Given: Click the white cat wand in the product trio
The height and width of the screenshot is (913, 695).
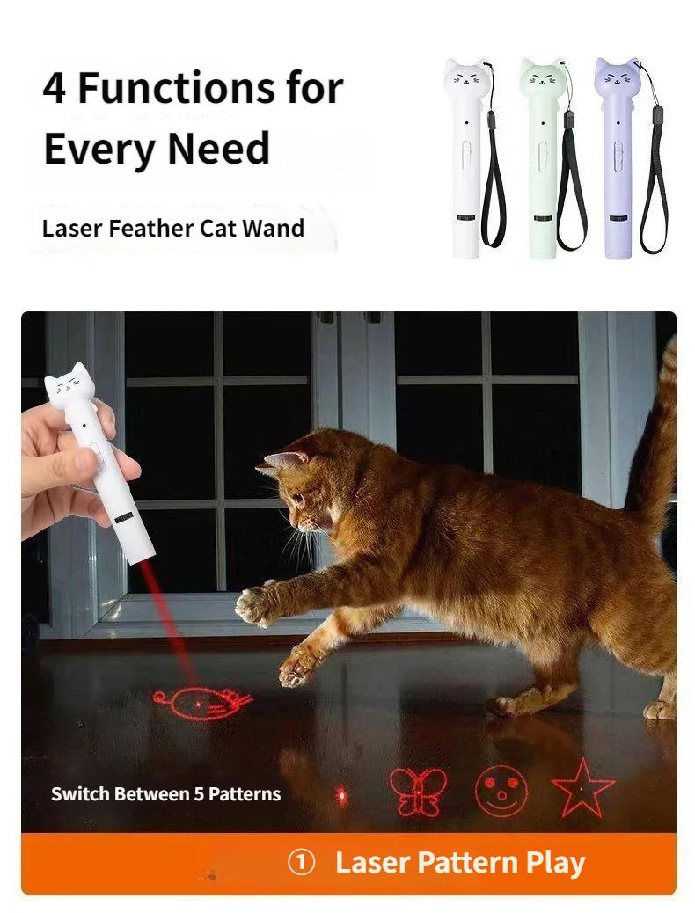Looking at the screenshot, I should pyautogui.click(x=467, y=158).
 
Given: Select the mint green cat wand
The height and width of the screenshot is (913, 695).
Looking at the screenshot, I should pyautogui.click(x=541, y=158).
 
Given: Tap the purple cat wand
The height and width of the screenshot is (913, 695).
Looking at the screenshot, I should pyautogui.click(x=615, y=158).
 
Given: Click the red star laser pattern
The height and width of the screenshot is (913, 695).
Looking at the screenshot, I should pyautogui.click(x=582, y=787).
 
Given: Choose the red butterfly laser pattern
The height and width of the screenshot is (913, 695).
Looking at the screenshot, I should pyautogui.click(x=418, y=791).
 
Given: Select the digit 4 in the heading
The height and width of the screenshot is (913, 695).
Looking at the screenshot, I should pyautogui.click(x=55, y=90).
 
